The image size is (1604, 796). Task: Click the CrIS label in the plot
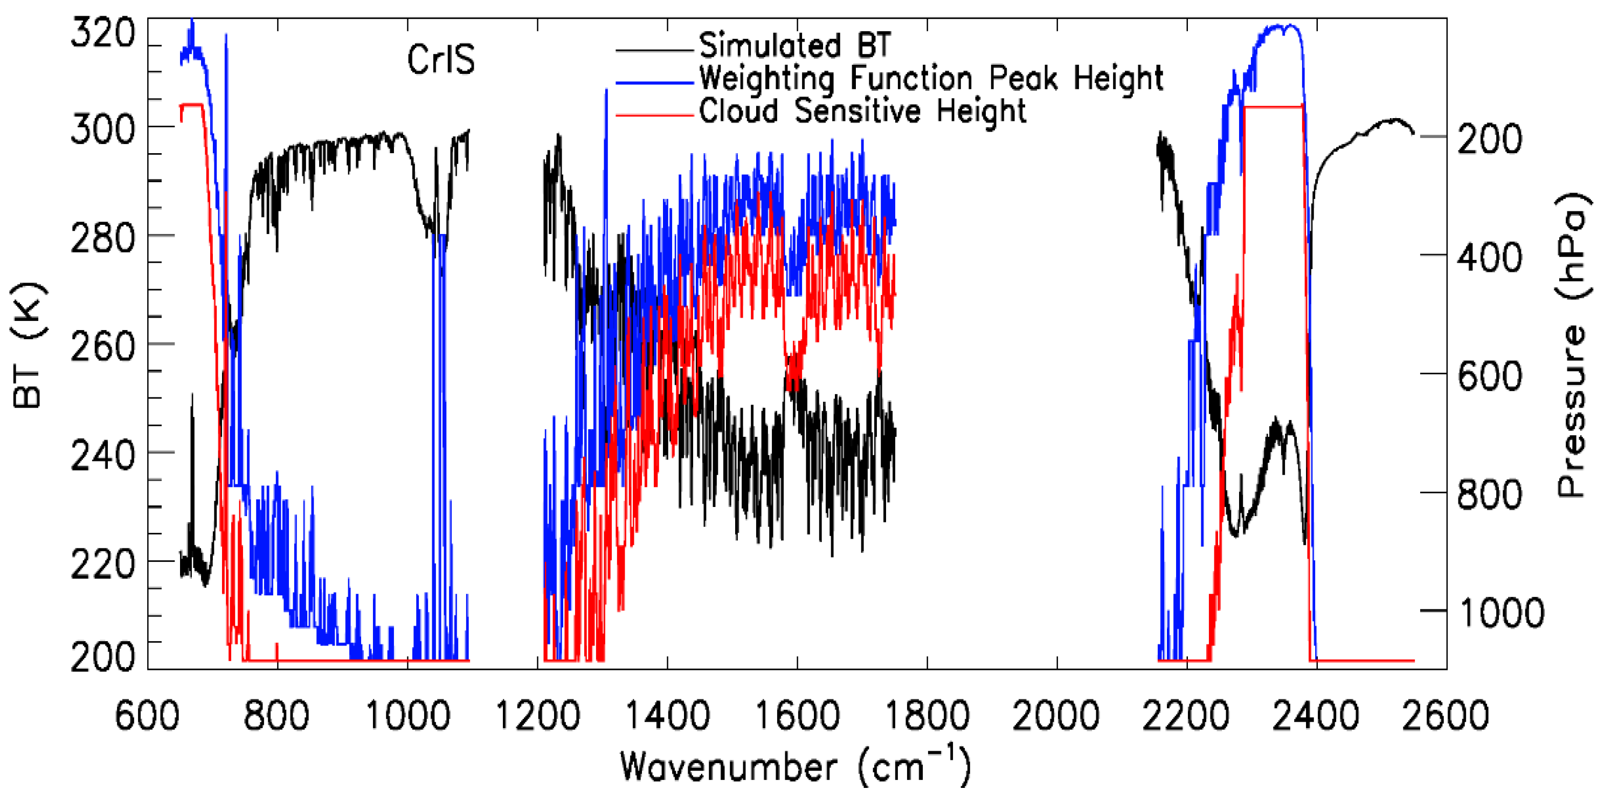click(441, 60)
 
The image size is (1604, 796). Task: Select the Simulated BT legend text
click(795, 45)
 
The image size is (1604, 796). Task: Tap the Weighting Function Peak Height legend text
click(931, 79)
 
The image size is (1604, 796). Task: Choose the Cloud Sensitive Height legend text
click(862, 112)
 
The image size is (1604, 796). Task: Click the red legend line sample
click(654, 115)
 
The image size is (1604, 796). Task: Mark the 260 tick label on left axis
click(103, 347)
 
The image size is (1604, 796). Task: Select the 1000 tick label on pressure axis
click(1501, 613)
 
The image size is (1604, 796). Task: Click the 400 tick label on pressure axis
click(1490, 257)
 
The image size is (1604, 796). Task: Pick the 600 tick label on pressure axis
click(1490, 375)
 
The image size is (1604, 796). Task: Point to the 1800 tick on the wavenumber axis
click(927, 716)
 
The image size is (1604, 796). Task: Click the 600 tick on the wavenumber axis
click(148, 716)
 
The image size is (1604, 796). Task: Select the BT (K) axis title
click(29, 346)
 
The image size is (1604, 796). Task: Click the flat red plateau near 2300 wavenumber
click(1274, 107)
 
